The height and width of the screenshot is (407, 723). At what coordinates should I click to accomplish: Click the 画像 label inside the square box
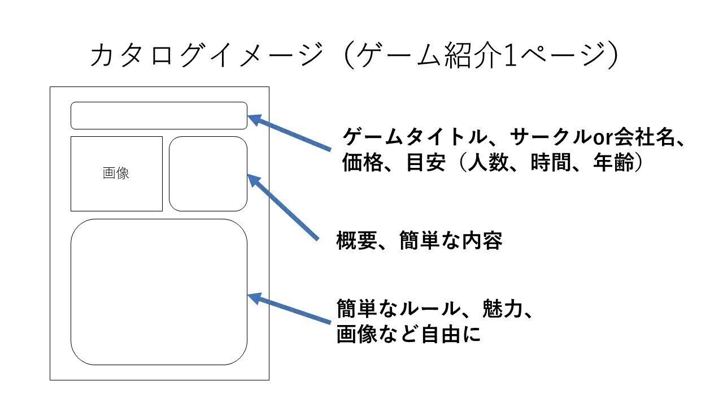(116, 174)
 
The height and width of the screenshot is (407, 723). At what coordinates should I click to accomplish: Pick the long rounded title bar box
(159, 115)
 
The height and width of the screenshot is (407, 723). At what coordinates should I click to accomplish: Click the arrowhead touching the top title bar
(255, 120)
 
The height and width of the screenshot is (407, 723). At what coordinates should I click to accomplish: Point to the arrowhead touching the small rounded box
(255, 182)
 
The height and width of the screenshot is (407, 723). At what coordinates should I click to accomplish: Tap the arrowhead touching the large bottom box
(255, 298)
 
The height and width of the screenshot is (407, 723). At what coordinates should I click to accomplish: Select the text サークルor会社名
(590, 137)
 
